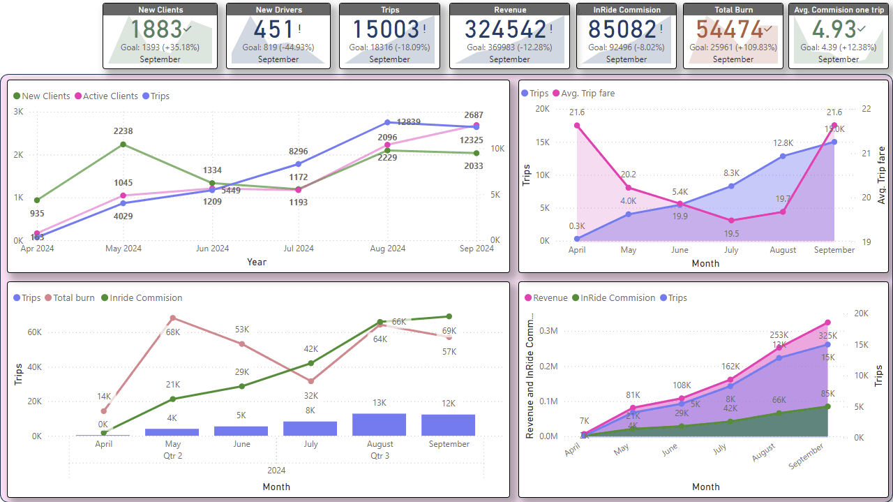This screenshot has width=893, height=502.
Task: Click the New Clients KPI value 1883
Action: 154,29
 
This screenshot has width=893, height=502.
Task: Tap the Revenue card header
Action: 509,10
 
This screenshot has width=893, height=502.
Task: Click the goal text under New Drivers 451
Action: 278,47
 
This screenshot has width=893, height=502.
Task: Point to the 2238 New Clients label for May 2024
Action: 123,131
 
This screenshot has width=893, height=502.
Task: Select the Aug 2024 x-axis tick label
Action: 387,249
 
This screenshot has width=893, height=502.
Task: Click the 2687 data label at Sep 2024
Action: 474,115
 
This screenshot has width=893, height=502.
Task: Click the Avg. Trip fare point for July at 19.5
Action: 730,221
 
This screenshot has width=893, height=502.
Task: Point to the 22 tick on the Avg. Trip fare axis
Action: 866,109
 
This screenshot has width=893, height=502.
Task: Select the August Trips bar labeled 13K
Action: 379,425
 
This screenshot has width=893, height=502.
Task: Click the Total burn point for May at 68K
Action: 172,318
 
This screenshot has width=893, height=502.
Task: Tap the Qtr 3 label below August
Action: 380,455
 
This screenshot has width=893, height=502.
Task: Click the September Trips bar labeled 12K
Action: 448,425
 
